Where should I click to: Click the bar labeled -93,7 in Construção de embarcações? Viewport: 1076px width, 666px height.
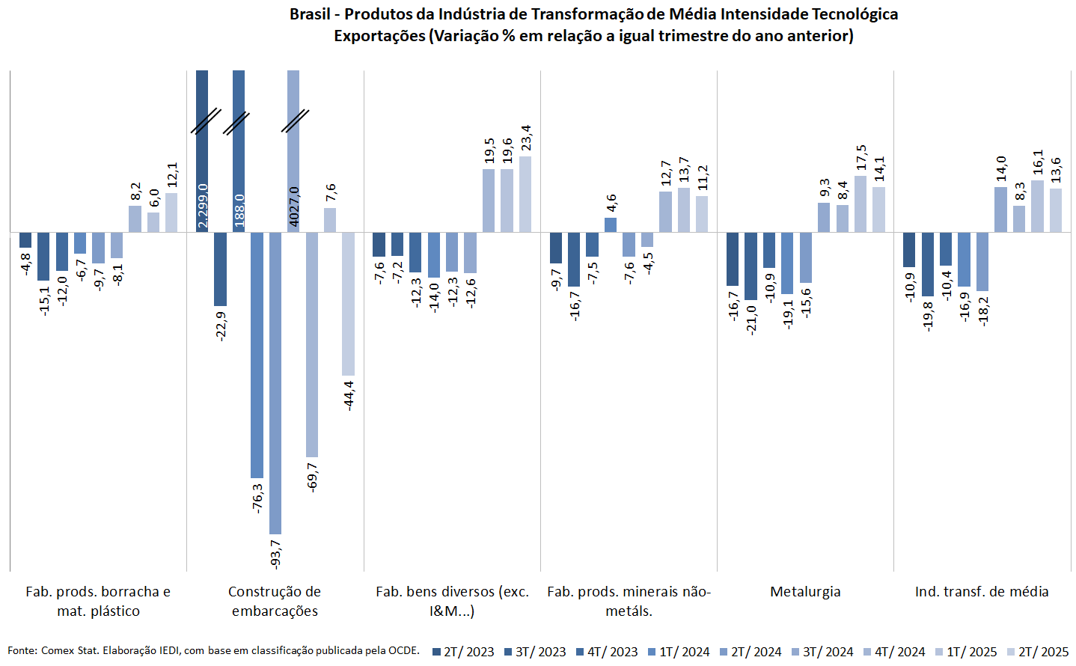tap(275, 382)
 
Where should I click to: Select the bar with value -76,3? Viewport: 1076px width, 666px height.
tap(257, 355)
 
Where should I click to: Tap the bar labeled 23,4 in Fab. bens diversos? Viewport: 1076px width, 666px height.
tap(525, 194)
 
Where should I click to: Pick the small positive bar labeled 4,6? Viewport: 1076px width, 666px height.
tap(611, 224)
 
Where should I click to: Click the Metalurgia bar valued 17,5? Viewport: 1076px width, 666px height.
tap(861, 204)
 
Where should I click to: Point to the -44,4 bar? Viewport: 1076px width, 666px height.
tap(348, 304)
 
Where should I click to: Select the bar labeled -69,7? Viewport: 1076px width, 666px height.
tap(311, 344)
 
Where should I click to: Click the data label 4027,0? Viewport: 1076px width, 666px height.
tap(294, 207)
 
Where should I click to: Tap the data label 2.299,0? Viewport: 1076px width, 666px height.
tap(203, 205)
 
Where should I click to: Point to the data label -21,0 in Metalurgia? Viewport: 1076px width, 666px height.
tap(751, 319)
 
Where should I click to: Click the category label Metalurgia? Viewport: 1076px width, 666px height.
tap(805, 592)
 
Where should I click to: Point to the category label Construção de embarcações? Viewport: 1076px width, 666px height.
tap(275, 601)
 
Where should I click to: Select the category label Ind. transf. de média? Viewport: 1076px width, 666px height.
tap(982, 592)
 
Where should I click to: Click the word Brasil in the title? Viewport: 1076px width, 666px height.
tap(309, 14)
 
